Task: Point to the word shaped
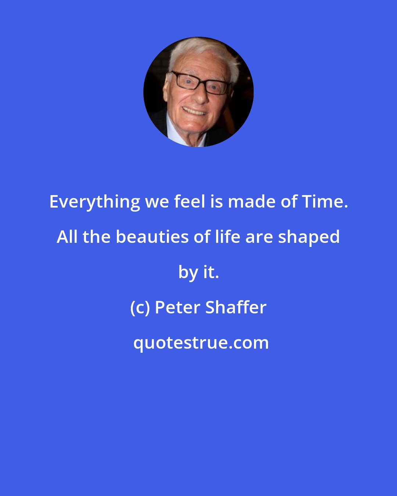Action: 309,238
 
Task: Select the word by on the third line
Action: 187,273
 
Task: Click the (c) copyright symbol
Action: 140,308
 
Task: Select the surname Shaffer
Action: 236,308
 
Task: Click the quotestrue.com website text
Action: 201,343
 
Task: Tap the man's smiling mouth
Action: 194,111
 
